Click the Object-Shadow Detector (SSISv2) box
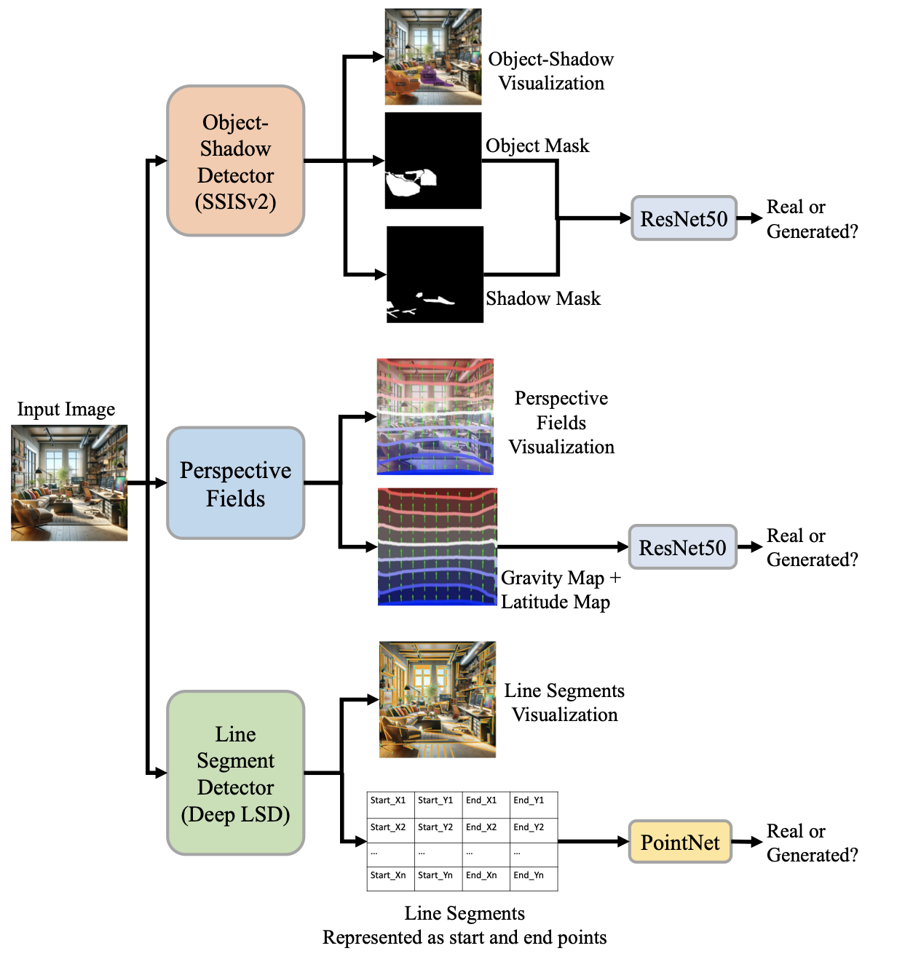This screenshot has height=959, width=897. [x=235, y=161]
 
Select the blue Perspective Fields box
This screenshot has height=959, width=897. [x=235, y=483]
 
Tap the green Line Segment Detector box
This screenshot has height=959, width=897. [x=235, y=773]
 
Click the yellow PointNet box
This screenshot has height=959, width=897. [x=680, y=842]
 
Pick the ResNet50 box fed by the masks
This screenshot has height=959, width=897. [x=684, y=218]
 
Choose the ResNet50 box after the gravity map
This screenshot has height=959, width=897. [x=682, y=547]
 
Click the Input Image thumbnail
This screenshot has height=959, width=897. [x=69, y=483]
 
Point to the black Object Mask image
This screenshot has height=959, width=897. [x=433, y=161]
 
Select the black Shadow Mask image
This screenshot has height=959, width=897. [x=435, y=274]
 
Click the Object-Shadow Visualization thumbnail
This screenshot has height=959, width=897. [x=433, y=57]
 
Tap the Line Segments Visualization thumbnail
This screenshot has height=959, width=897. [x=438, y=699]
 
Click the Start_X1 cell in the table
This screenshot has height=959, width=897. [x=390, y=801]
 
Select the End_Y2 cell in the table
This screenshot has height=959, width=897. [x=533, y=827]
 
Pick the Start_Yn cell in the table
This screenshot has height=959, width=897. [x=438, y=875]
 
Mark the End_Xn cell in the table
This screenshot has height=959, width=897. [x=485, y=875]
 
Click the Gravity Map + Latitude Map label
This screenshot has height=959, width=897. [x=561, y=590]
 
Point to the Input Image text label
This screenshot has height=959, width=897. [x=66, y=410]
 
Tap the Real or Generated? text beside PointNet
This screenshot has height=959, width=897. [x=812, y=843]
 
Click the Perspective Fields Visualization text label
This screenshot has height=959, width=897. [x=561, y=423]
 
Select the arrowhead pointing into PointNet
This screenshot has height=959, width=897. [x=623, y=842]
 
